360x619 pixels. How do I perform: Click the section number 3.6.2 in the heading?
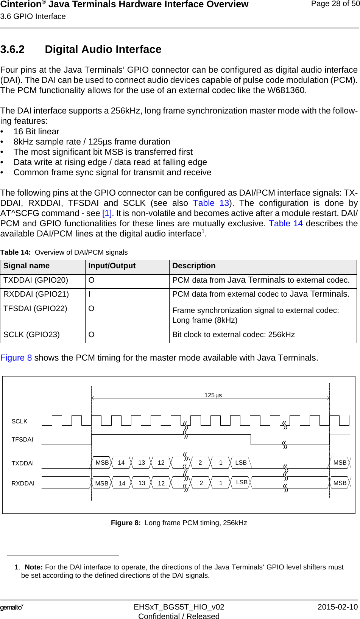click(12, 50)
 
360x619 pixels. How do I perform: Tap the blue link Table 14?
click(286, 224)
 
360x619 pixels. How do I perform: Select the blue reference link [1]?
click(107, 213)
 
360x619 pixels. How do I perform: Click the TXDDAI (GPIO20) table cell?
click(36, 280)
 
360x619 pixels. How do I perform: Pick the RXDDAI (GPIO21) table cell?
click(36, 294)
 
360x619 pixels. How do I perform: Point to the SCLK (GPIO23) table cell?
click(32, 335)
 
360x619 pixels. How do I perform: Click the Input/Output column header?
click(112, 266)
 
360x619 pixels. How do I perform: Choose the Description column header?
click(194, 266)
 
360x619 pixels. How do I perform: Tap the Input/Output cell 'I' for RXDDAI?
click(90, 294)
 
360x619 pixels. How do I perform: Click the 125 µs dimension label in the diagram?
click(213, 395)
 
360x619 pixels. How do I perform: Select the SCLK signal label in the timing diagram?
click(19, 421)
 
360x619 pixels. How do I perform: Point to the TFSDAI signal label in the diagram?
click(22, 440)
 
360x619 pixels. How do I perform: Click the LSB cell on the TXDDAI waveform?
click(241, 463)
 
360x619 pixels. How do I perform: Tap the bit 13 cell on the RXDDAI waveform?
click(142, 483)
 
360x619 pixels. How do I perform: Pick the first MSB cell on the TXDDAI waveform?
click(102, 463)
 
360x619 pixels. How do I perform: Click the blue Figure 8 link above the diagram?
click(16, 358)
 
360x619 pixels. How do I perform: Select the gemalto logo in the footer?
click(12, 607)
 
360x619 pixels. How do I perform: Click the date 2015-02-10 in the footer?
click(337, 607)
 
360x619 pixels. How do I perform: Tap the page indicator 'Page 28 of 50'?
click(335, 4)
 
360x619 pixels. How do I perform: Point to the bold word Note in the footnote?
click(33, 567)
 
